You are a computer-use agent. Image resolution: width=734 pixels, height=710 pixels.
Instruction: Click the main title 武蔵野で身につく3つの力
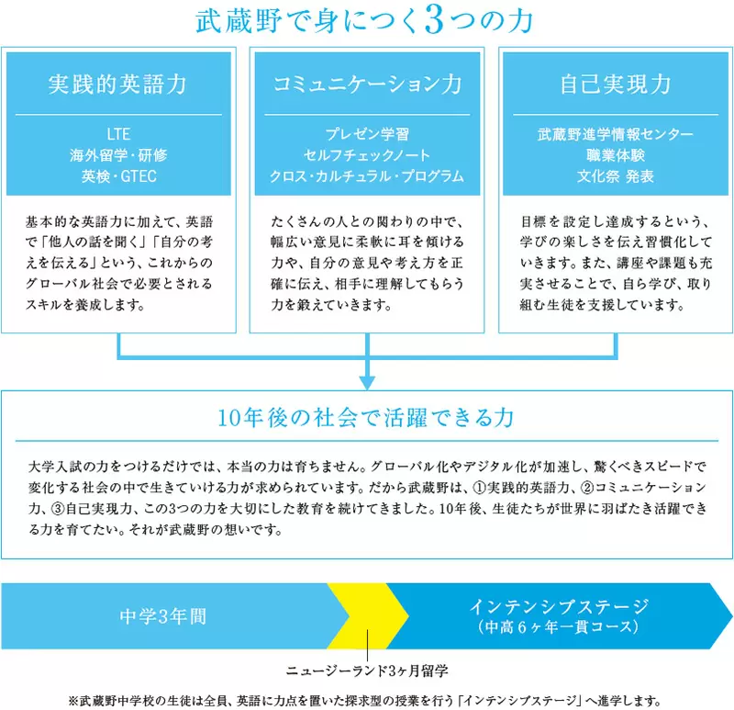367,21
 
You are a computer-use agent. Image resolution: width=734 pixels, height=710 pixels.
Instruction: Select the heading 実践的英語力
117,85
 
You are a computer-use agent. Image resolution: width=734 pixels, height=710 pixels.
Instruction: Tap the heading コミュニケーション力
367,85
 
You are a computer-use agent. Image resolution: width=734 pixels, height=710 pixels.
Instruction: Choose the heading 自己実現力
616,85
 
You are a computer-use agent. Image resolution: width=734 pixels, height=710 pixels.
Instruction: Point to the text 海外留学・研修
117,154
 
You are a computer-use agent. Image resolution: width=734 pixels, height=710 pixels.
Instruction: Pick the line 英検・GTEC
117,175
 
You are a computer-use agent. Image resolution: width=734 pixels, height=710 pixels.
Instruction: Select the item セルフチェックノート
367,154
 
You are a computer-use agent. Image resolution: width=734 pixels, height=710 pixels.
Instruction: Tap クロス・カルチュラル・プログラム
367,175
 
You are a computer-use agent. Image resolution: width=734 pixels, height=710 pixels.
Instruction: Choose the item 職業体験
616,154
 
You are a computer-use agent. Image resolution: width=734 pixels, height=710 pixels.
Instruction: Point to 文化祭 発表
616,175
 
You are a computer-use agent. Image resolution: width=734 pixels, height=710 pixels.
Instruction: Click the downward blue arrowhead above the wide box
367,378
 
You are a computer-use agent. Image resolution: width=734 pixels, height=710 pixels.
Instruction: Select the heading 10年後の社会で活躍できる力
367,418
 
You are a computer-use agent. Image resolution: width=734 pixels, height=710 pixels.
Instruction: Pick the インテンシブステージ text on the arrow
559,606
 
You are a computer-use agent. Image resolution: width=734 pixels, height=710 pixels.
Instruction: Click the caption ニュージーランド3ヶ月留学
367,668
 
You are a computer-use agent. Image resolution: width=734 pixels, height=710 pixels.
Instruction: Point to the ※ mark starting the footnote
74,697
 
